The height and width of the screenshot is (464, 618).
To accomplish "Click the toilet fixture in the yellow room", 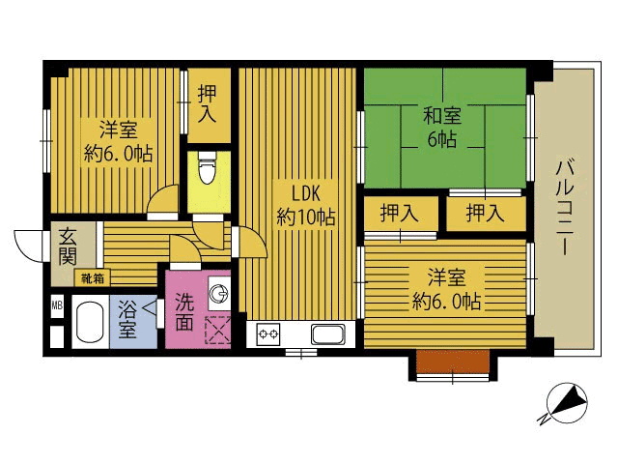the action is click(208, 167).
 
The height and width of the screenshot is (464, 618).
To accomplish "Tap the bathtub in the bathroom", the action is click(90, 322).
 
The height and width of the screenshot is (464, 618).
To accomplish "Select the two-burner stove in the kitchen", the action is click(268, 334).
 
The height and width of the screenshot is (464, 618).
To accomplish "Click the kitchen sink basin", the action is click(328, 334).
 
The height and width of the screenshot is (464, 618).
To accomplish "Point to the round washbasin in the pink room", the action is click(218, 293).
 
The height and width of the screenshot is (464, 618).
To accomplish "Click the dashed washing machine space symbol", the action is click(217, 330).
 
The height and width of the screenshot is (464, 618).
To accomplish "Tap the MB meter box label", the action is click(57, 304).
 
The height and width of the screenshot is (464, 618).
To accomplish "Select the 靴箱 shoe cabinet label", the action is click(93, 278).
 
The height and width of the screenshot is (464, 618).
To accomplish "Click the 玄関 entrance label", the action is click(68, 247).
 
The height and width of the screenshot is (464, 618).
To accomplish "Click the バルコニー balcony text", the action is click(564, 206).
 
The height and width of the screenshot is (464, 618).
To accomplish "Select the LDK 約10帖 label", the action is click(306, 205).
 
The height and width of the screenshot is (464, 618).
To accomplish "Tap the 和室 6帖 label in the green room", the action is click(442, 127).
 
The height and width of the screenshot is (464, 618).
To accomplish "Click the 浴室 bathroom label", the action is click(127, 319).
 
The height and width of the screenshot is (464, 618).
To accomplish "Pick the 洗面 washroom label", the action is click(184, 311).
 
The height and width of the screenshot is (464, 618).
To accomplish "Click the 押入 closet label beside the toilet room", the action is click(208, 103).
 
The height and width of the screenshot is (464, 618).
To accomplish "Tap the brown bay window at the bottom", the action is click(453, 361).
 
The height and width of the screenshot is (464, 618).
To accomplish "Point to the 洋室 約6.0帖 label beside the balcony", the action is click(446, 289).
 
